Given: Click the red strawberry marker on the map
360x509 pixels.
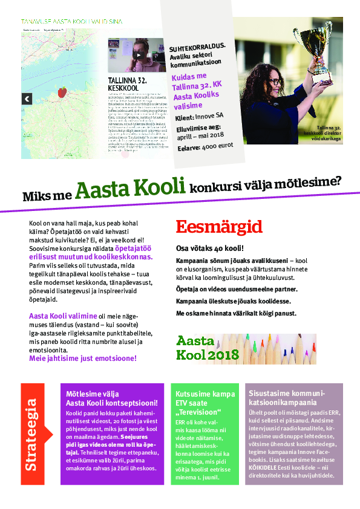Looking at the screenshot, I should pyautogui.click(x=61, y=92).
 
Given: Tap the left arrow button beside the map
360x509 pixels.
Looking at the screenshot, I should pyautogui.click(x=27, y=99).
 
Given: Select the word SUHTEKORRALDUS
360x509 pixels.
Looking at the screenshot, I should pyautogui.click(x=197, y=45).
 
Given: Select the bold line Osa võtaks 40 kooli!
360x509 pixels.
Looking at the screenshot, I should pyautogui.click(x=209, y=248).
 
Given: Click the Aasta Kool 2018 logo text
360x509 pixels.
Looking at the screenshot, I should pyautogui.click(x=199, y=349).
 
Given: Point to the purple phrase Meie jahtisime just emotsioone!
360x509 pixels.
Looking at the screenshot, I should pyautogui.click(x=83, y=358).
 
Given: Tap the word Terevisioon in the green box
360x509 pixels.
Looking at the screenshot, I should pyautogui.click(x=197, y=412).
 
